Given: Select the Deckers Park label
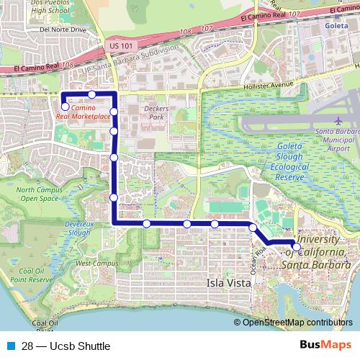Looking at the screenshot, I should (156, 112).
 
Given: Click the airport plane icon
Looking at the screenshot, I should (339, 120).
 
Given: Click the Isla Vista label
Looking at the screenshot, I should (229, 283).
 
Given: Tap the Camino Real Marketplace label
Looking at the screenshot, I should (89, 111).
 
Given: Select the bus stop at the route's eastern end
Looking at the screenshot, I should (297, 246).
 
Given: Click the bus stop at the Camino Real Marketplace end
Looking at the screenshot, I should (65, 107).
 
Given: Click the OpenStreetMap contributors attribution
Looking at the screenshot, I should (297, 323).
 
